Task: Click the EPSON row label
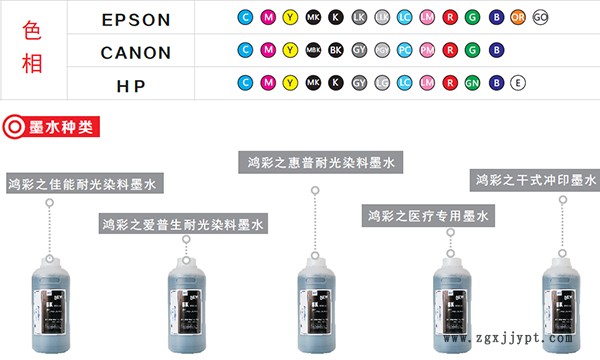tap(136, 19)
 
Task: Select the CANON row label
tap(136, 52)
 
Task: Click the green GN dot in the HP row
tap(472, 83)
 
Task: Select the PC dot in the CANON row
tap(404, 50)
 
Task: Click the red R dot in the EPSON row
tap(450, 18)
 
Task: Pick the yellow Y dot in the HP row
tap(290, 83)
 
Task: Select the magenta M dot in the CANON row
tap(267, 50)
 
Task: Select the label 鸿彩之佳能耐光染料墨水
tap(84, 184)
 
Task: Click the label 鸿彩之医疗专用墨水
tap(427, 216)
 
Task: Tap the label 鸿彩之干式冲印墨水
tap(535, 181)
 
